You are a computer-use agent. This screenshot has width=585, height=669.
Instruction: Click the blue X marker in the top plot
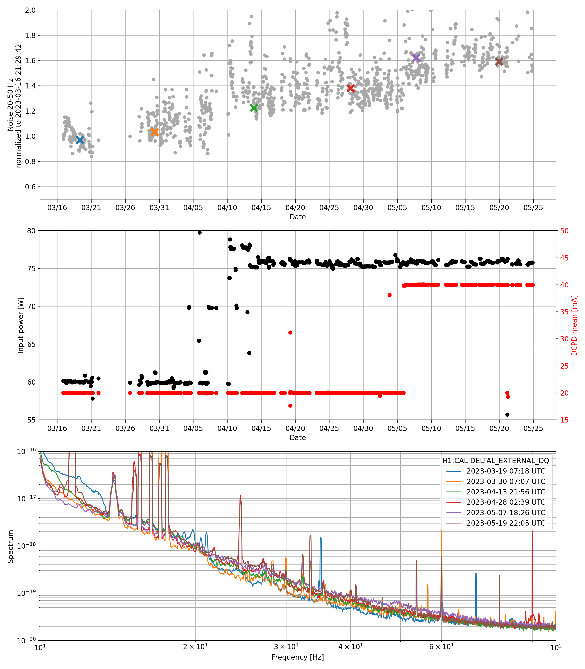pos(80,140)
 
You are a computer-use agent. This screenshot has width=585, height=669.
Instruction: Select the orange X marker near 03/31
pos(154,132)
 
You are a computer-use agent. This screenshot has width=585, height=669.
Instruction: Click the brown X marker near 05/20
pos(499,61)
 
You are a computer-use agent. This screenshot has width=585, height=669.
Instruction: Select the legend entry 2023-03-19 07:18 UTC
pos(506,471)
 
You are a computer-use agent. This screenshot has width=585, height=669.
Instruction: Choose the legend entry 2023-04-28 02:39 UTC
pos(506,502)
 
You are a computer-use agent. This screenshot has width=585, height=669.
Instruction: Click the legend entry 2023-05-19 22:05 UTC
pos(506,523)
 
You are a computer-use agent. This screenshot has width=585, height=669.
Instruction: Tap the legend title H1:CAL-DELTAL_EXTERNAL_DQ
pos(496,461)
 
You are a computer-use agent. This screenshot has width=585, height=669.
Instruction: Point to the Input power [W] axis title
pos(20,325)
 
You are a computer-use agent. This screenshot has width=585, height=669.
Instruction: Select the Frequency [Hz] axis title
pos(297,657)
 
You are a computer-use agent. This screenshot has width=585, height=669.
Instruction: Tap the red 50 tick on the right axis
pos(565,231)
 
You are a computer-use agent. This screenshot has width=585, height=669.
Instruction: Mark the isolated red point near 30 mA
pos(290,333)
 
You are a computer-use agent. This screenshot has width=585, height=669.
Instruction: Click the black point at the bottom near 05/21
pos(507,415)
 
